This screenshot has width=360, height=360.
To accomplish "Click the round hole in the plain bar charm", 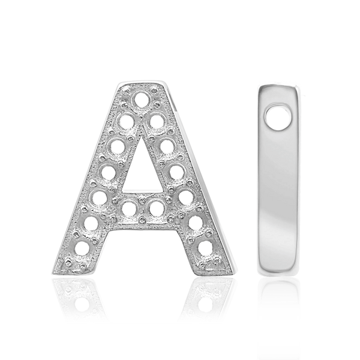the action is click(x=278, y=118).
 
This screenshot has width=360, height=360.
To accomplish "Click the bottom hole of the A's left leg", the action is click(x=81, y=248).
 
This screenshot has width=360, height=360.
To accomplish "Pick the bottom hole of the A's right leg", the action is click(x=205, y=247).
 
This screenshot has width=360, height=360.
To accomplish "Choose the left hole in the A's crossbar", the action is click(x=129, y=208).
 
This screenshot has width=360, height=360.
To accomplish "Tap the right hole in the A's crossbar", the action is click(x=157, y=208).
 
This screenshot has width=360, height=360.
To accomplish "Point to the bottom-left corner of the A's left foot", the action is click(x=53, y=272).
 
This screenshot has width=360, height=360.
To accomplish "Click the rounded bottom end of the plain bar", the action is click(x=278, y=271).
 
